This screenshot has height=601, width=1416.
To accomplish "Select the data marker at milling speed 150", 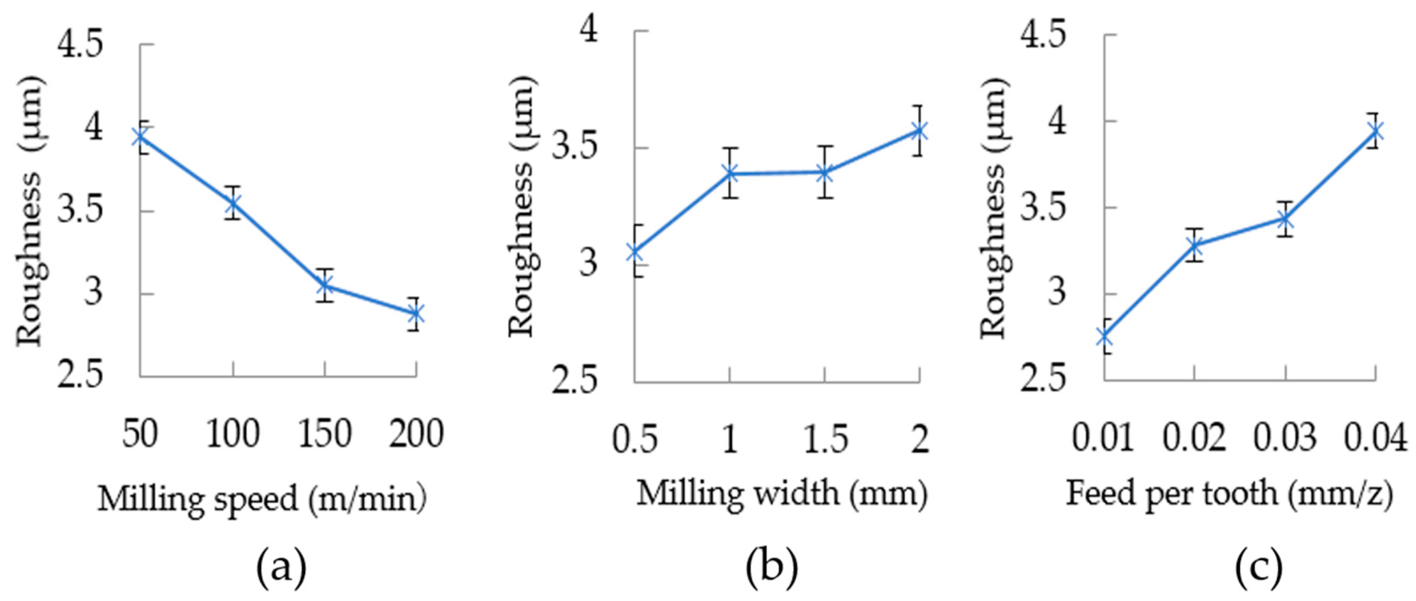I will (x=325, y=286).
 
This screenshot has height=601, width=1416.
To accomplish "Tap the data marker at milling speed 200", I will (x=416, y=314).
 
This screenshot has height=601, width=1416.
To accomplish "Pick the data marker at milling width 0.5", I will (x=635, y=252).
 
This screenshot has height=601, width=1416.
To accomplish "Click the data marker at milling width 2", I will (x=919, y=131).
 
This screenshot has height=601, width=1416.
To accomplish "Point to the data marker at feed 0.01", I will (x=1104, y=336).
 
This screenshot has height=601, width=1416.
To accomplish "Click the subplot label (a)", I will (x=281, y=571).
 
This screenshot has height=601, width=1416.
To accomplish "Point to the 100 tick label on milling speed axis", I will (x=233, y=434).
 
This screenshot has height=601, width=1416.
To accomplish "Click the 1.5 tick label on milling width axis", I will (x=823, y=439).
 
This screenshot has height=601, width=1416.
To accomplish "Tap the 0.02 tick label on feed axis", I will (x=1194, y=437).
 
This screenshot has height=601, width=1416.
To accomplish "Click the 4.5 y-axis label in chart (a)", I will (x=81, y=45).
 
